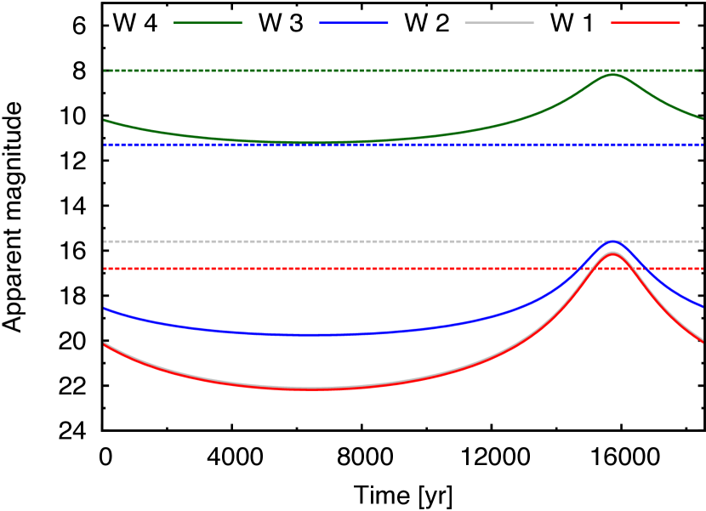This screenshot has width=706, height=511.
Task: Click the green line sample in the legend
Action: (208, 23)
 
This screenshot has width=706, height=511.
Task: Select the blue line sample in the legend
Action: (354, 23)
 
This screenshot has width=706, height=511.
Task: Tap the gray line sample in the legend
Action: (499, 23)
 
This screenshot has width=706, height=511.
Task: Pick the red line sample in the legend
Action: (645, 23)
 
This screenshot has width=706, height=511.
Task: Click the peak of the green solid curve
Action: (612, 75)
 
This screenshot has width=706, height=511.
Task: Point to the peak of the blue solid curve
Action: (612, 241)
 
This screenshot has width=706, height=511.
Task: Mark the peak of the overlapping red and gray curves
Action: (612, 253)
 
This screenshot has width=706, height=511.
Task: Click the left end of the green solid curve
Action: (105, 120)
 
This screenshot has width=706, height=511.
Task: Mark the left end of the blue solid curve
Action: (105, 309)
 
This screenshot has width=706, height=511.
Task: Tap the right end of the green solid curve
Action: (703, 119)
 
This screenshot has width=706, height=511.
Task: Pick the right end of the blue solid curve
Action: (703, 306)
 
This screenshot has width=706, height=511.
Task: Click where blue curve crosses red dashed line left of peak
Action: (581, 268)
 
